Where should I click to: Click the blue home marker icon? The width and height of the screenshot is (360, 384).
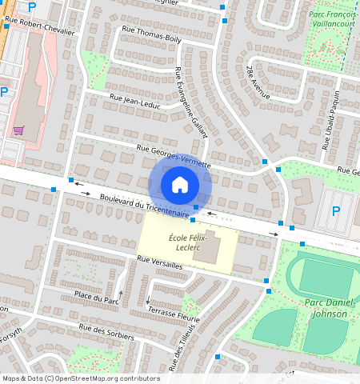[x=180, y=185]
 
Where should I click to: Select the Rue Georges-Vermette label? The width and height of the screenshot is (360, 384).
[x=174, y=155]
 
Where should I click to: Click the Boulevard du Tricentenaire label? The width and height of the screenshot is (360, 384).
[x=144, y=206]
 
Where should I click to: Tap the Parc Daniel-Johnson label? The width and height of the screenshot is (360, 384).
[x=326, y=307]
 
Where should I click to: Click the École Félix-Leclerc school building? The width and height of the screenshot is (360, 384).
[x=210, y=247]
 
